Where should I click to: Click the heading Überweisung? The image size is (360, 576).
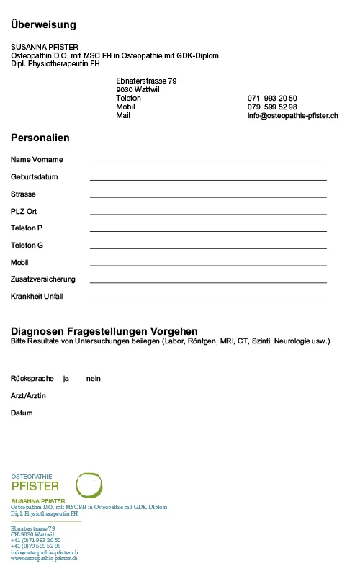pyautogui.click(x=43, y=25)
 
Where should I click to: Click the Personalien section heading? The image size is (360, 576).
pyautogui.click(x=40, y=138)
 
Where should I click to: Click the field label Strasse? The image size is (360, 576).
pyautogui.click(x=23, y=194)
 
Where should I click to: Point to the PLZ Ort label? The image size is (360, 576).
pyautogui.click(x=24, y=212)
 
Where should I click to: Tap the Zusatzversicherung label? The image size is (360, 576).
pyautogui.click(x=43, y=279)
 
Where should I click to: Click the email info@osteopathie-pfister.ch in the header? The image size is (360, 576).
pyautogui.click(x=292, y=115)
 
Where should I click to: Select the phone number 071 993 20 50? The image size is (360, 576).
pyautogui.click(x=272, y=98)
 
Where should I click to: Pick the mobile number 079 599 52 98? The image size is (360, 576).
pyautogui.click(x=272, y=107)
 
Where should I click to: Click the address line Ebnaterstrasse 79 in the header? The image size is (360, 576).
pyautogui.click(x=146, y=81)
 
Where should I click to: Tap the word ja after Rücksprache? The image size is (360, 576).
pyautogui.click(x=66, y=379)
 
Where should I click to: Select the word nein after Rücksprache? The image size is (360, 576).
pyautogui.click(x=93, y=379)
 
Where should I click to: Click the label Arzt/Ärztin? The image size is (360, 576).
pyautogui.click(x=28, y=396)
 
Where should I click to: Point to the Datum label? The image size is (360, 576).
pyautogui.click(x=22, y=413)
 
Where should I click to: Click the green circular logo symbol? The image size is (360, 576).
pyautogui.click(x=89, y=485)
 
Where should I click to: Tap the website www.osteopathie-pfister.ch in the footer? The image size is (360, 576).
pyautogui.click(x=44, y=559)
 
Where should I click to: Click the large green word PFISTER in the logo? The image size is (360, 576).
pyautogui.click(x=35, y=487)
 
